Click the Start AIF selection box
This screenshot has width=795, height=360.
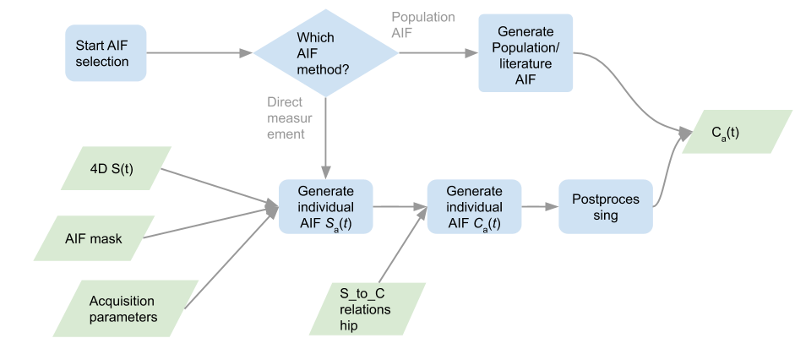(102, 53)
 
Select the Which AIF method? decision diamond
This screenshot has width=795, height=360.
(326, 53)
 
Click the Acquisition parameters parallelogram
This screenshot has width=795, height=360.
(123, 310)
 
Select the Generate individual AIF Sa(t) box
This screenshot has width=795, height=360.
(326, 207)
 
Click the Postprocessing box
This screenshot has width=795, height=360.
(606, 207)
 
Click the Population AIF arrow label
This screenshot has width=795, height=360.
(423, 25)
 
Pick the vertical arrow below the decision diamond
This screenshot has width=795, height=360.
(326, 135)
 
